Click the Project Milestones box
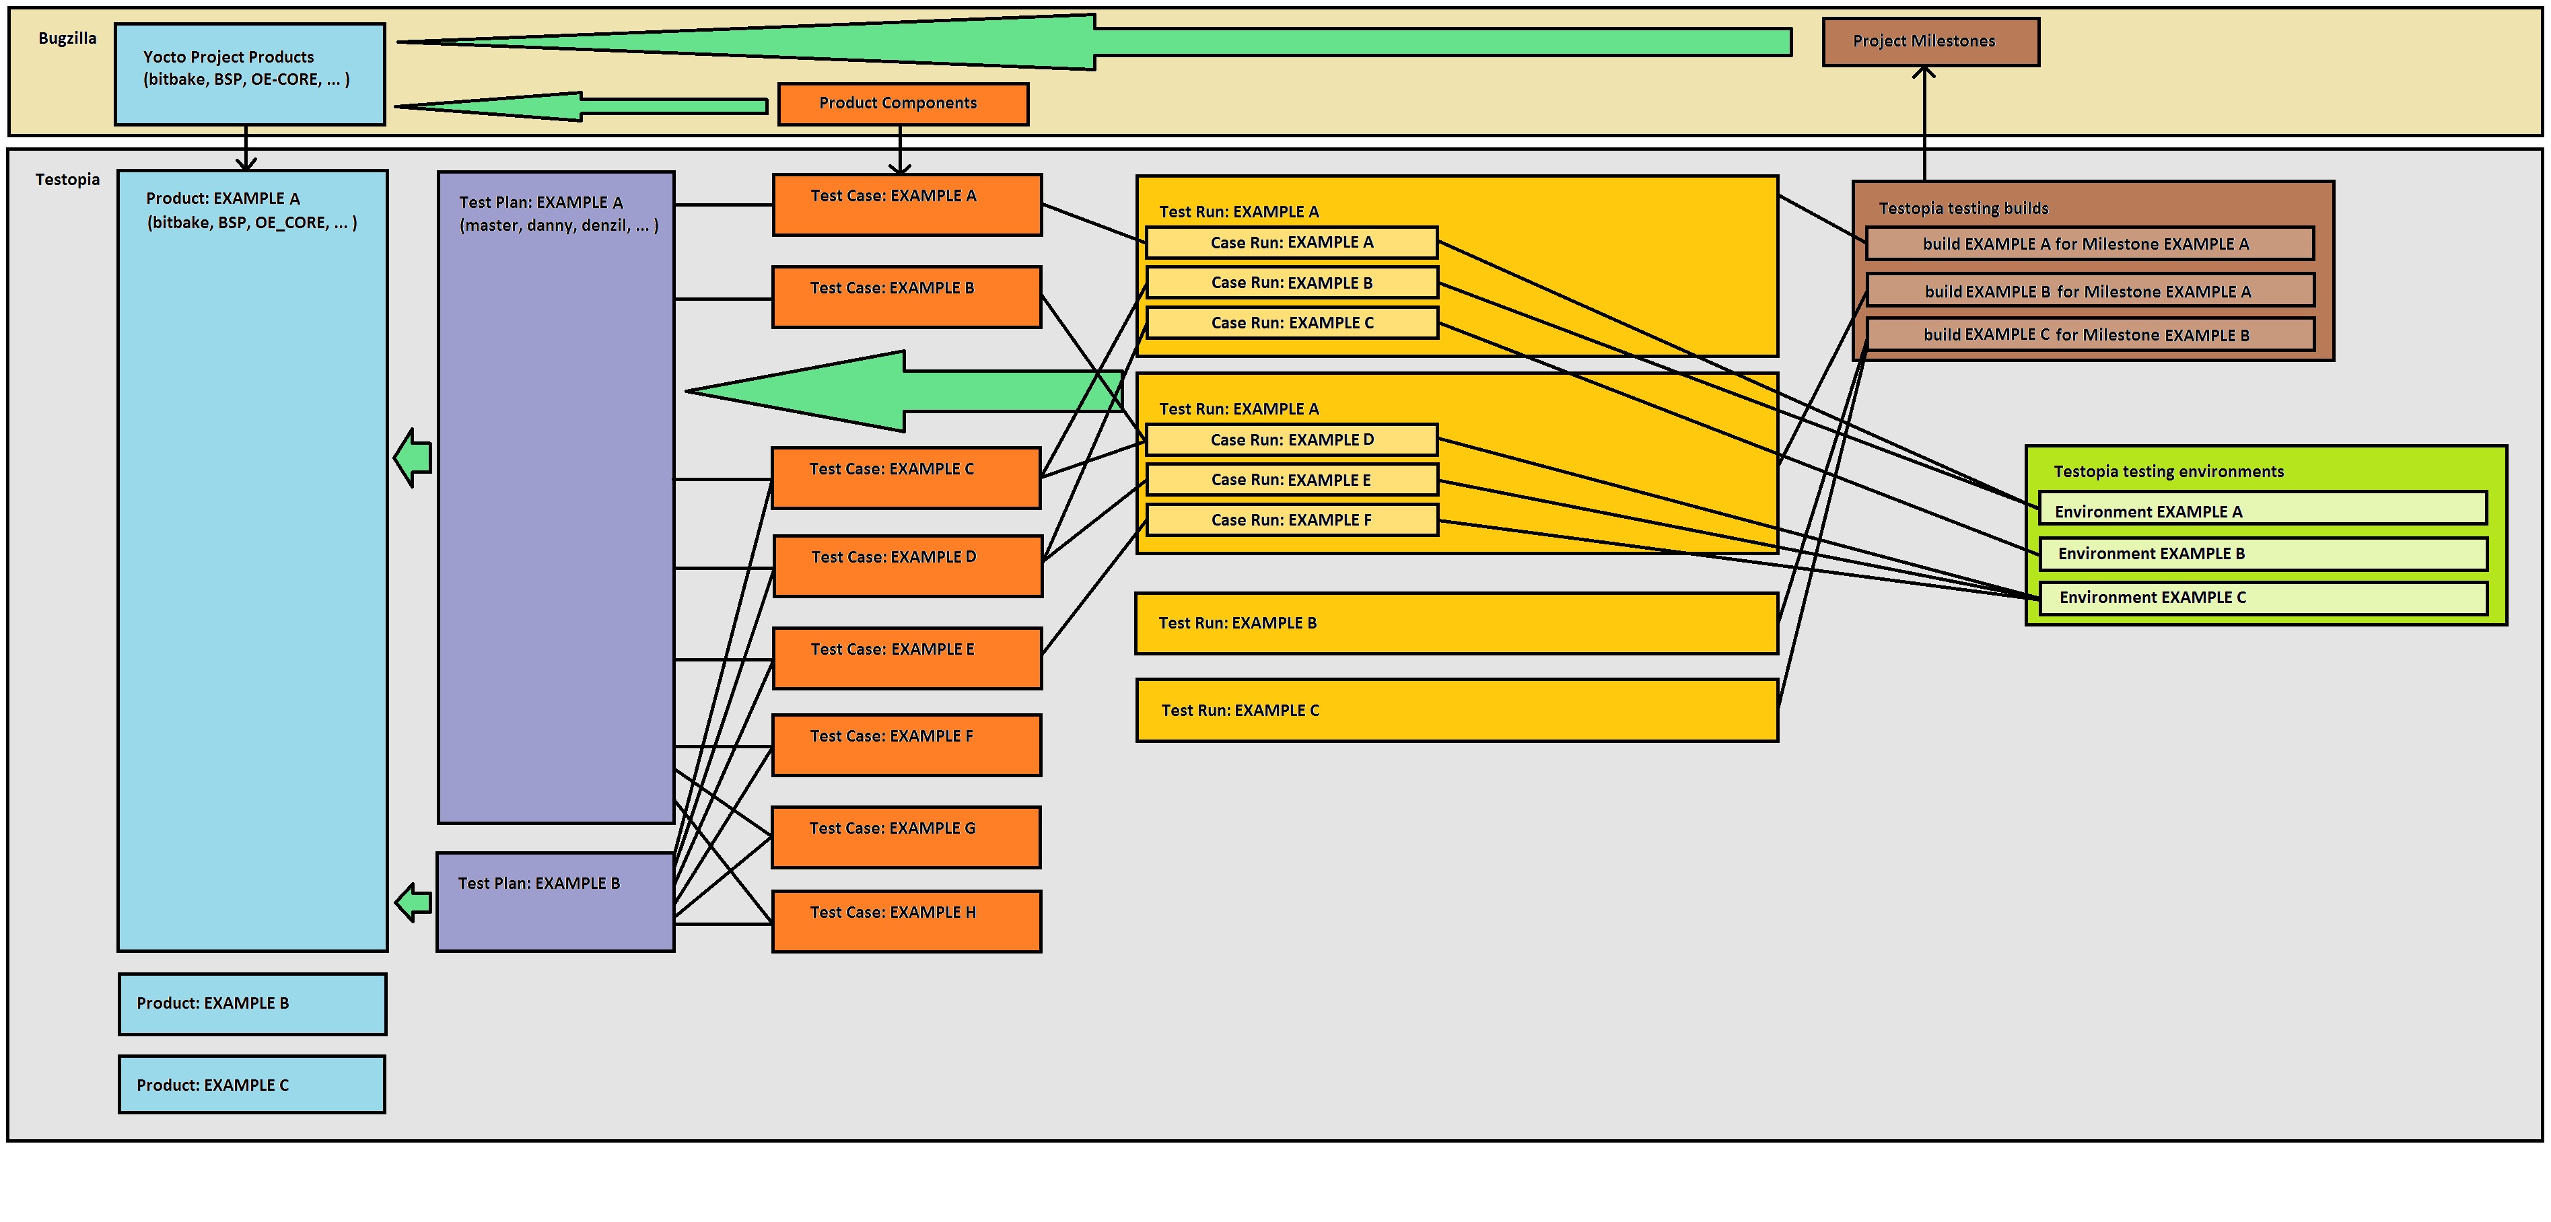pyautogui.click(x=1930, y=42)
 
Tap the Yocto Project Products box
pyautogui.click(x=250, y=74)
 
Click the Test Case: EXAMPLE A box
pyautogui.click(x=906, y=205)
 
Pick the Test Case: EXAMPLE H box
pyautogui.click(x=906, y=921)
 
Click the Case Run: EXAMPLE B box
pyautogui.click(x=1292, y=282)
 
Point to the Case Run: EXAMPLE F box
pyautogui.click(x=1292, y=520)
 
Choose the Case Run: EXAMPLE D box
pyautogui.click(x=1292, y=439)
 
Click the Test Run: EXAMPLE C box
pyautogui.click(x=1456, y=710)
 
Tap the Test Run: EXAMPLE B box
pyautogui.click(x=1456, y=623)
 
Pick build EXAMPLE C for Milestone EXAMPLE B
pyautogui.click(x=2089, y=334)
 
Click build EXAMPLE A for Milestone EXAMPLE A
pyautogui.click(x=2089, y=244)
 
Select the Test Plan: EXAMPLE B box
pyautogui.click(x=555, y=901)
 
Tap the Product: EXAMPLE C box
pyautogui.click(x=252, y=1084)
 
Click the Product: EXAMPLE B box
pyautogui.click(x=252, y=1003)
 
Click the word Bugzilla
pyautogui.click(x=67, y=38)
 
